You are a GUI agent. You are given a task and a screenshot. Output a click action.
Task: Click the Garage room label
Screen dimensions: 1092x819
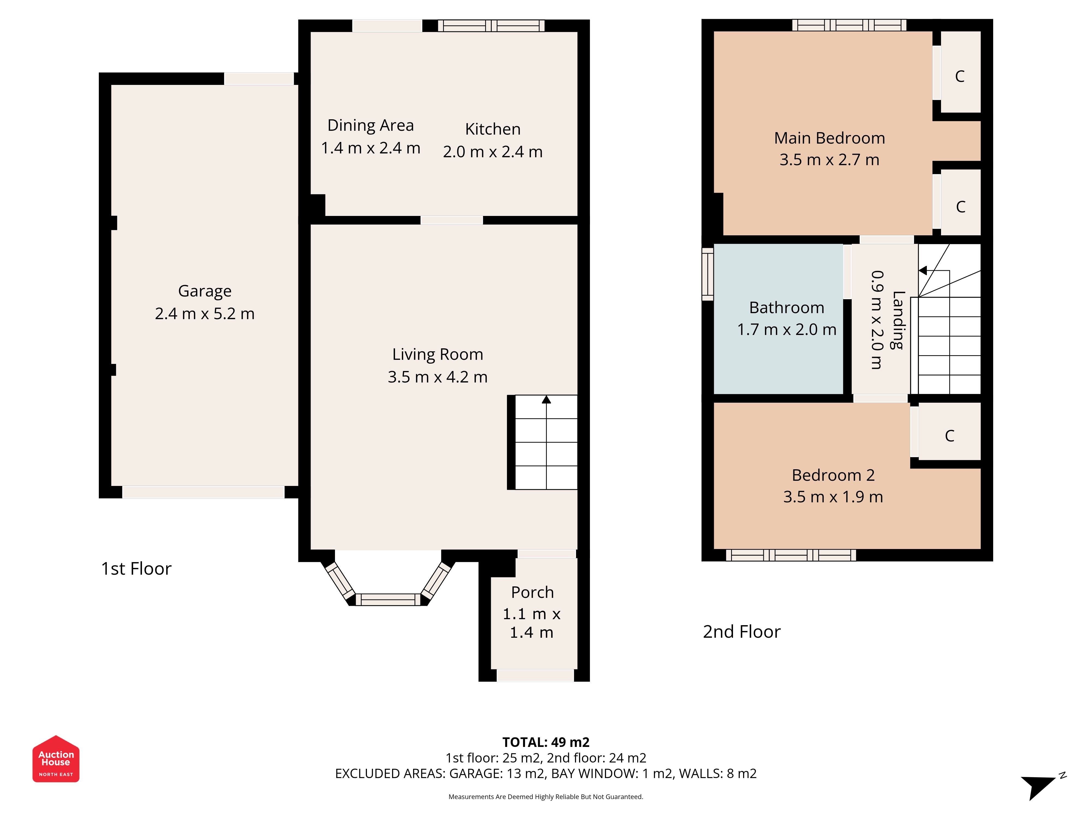click(204, 291)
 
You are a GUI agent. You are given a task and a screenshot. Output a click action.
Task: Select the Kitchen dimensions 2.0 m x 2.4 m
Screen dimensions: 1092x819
click(493, 152)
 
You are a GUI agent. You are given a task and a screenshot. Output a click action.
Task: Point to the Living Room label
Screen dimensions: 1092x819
click(437, 354)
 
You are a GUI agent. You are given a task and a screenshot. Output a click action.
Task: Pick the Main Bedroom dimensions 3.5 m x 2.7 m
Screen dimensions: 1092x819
click(829, 159)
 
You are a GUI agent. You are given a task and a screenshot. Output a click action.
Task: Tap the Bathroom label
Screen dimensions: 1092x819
click(787, 308)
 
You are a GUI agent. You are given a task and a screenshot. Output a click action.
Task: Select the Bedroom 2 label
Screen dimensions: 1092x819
click(833, 475)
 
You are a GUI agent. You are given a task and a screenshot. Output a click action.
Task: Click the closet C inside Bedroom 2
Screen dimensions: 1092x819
click(949, 435)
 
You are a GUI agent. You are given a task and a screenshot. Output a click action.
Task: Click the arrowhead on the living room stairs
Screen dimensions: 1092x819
click(546, 399)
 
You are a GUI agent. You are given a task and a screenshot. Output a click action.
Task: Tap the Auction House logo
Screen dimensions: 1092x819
click(56, 759)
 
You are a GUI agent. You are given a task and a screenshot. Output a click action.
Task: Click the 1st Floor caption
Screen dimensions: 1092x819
click(136, 569)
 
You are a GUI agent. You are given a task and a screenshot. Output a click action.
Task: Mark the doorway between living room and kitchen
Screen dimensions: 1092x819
click(452, 220)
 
